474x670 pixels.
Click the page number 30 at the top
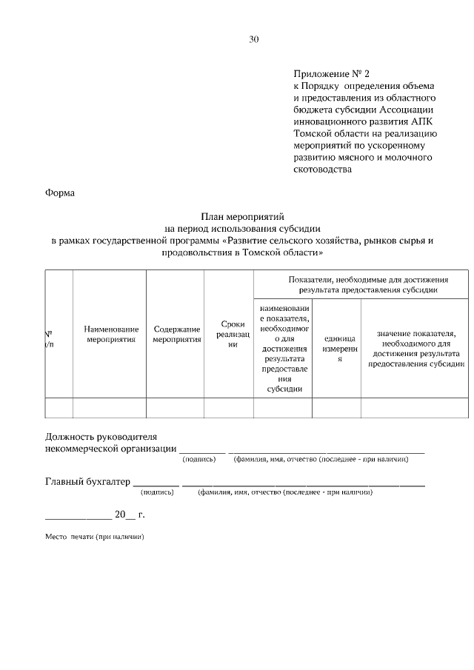pos(253,39)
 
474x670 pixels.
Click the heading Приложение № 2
pos(330,74)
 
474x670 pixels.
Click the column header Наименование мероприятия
pos(111,334)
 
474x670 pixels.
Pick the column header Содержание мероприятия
pos(177,334)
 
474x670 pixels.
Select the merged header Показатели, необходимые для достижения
pos(362,284)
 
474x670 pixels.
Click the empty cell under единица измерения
pos(337,408)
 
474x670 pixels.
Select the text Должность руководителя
pos(101,437)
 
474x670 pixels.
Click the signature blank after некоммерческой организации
pos(202,449)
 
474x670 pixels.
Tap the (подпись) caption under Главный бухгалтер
pos(158,492)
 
